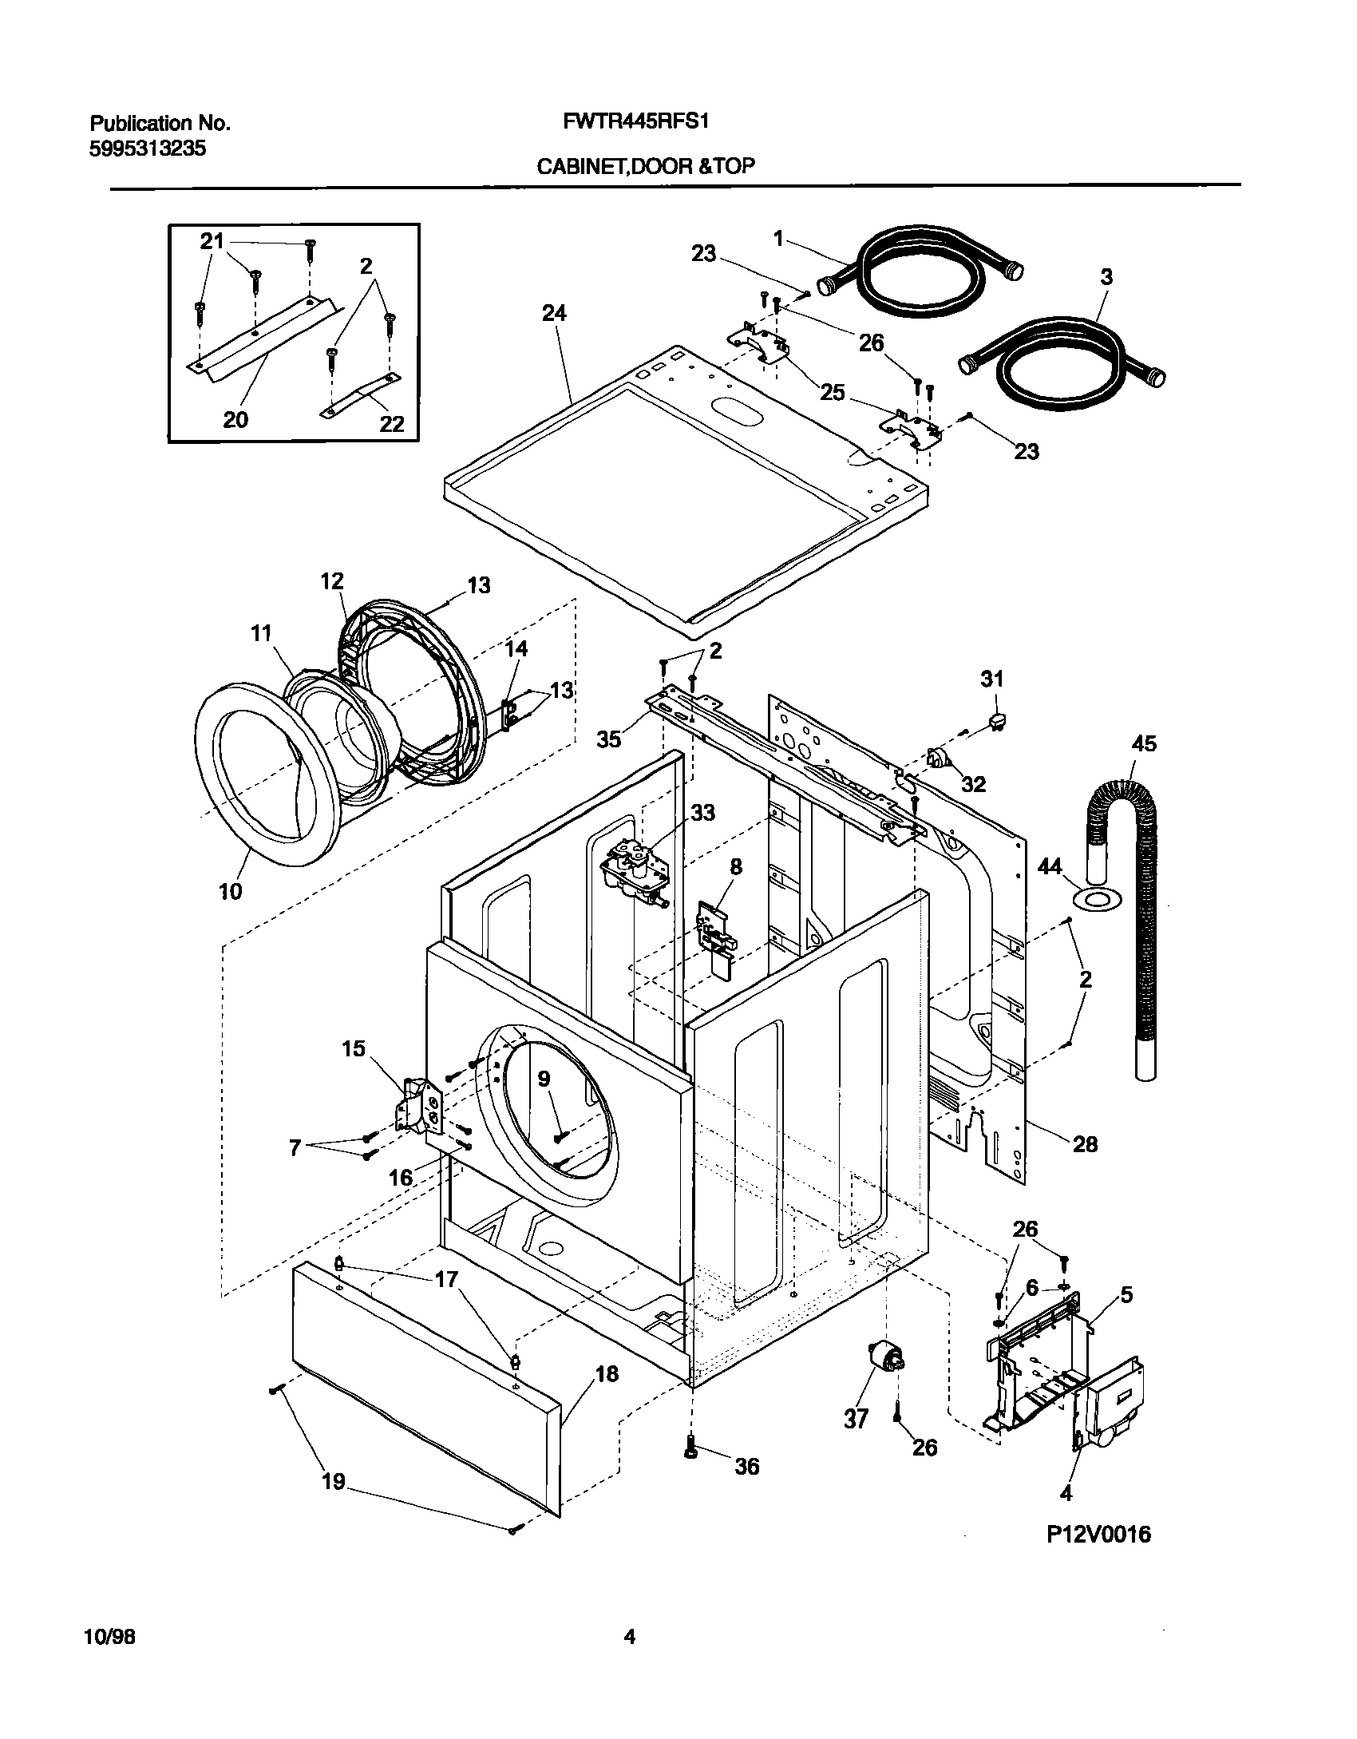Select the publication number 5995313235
(148, 149)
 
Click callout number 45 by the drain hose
(1143, 743)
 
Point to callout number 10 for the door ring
(230, 891)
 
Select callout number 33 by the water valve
(702, 813)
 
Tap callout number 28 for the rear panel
(1085, 1144)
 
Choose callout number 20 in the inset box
(235, 419)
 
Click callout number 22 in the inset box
(391, 423)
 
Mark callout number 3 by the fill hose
(1106, 277)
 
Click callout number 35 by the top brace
(609, 739)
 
